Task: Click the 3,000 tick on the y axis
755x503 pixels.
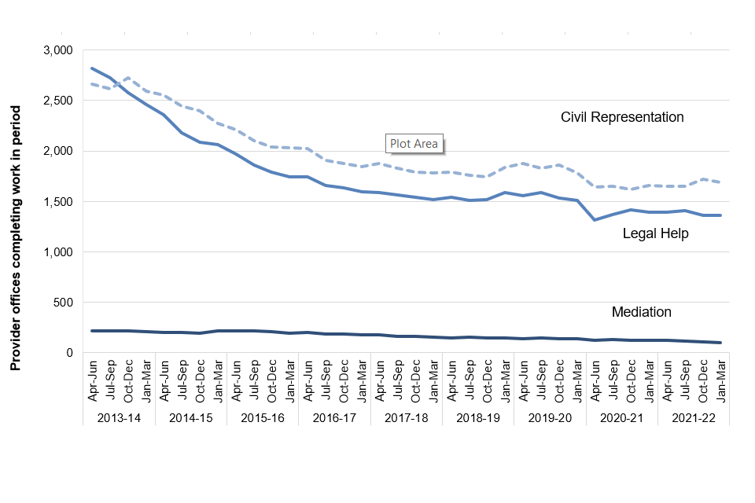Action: (x=57, y=50)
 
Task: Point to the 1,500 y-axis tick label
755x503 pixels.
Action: (x=57, y=202)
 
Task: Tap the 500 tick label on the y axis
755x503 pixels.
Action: (x=62, y=303)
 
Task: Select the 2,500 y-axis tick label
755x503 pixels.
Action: (x=57, y=101)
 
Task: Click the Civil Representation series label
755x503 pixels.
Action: (x=622, y=117)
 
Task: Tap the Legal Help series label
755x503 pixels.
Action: (x=655, y=233)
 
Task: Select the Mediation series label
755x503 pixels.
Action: (x=642, y=312)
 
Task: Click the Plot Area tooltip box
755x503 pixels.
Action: (x=414, y=144)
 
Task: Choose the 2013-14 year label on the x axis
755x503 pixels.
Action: (x=119, y=418)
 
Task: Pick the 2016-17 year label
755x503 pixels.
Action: (x=334, y=418)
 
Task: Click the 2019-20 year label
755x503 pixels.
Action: (x=550, y=418)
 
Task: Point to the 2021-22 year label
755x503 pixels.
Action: (x=693, y=418)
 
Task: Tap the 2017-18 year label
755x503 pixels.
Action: (x=406, y=418)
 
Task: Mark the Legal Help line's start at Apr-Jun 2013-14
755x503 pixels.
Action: (x=92, y=68)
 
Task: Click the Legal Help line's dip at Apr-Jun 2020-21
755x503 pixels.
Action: (x=595, y=219)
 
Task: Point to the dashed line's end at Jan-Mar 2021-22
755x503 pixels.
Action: (x=720, y=182)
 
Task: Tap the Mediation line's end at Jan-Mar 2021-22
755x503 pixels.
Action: (x=720, y=343)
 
